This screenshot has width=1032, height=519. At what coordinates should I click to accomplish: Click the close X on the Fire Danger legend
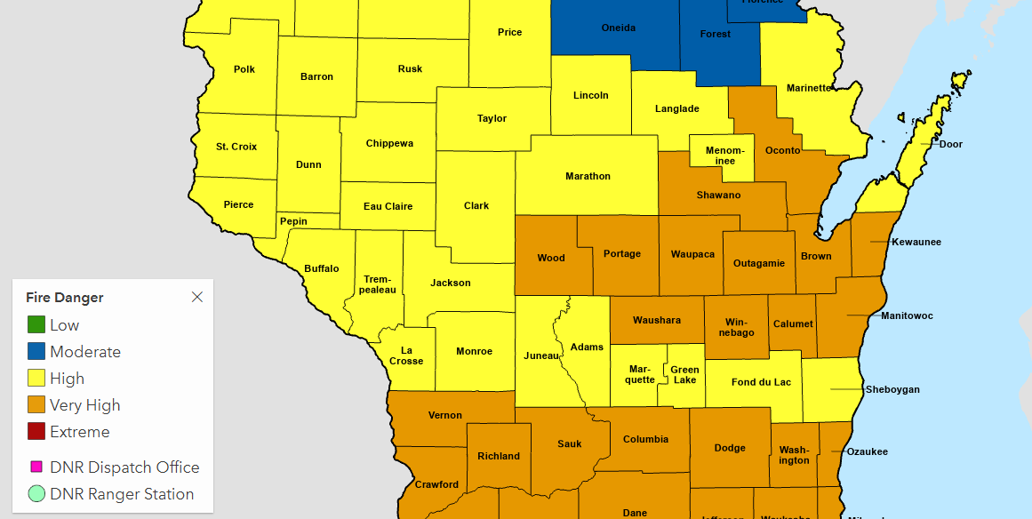[x=197, y=297]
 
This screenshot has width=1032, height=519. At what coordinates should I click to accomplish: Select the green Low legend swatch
[x=36, y=325]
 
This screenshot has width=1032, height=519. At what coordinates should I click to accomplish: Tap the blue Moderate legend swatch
[x=36, y=352]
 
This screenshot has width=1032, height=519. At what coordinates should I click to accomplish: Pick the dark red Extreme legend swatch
[x=36, y=432]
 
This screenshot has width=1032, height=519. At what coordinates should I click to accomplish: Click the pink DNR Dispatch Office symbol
[x=36, y=467]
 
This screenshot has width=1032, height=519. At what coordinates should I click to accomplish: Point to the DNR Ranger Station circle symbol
[x=36, y=494]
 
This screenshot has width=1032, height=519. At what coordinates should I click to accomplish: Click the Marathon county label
[x=588, y=176]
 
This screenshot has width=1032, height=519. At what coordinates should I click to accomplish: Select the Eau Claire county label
[x=388, y=206]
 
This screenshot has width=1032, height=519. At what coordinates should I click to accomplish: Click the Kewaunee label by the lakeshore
[x=916, y=242]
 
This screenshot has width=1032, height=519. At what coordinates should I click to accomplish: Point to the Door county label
[x=950, y=144]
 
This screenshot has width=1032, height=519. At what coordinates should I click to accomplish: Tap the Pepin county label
[x=293, y=221]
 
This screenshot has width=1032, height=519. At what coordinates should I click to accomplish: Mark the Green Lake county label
[x=684, y=374]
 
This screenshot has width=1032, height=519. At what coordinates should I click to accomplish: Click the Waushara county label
[x=656, y=320]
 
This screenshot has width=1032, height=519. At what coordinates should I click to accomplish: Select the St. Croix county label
[x=236, y=147]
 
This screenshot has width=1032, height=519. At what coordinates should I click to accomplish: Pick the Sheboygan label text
[x=892, y=389]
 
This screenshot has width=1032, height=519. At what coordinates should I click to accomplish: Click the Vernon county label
[x=444, y=415]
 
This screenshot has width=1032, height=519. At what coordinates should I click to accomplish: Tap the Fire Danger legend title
[x=65, y=298]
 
